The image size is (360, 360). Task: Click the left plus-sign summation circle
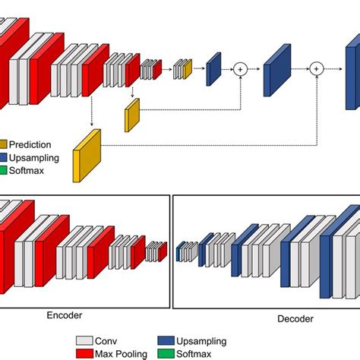[x=241, y=69]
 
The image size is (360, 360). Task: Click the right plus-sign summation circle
[x=317, y=69]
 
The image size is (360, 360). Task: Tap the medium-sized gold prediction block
[x=132, y=115]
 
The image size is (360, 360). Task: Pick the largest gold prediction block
[x=87, y=156]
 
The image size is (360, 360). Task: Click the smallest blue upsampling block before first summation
[x=213, y=68]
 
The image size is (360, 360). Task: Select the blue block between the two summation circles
[x=277, y=71]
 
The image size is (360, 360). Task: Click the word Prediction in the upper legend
[x=31, y=144]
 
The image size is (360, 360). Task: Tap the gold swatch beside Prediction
[x=3, y=144]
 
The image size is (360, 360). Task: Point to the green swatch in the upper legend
[x=3, y=169]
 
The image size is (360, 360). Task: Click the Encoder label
[x=65, y=314]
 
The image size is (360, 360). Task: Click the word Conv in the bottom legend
[x=107, y=341]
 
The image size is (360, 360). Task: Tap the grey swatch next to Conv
[x=84, y=341]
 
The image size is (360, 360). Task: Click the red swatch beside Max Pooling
[x=84, y=353]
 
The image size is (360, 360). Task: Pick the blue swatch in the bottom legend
[x=166, y=341]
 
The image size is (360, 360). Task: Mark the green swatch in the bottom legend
[x=166, y=353]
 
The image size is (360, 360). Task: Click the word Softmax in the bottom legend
[x=197, y=353]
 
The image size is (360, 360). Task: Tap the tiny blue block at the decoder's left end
[x=178, y=251]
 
